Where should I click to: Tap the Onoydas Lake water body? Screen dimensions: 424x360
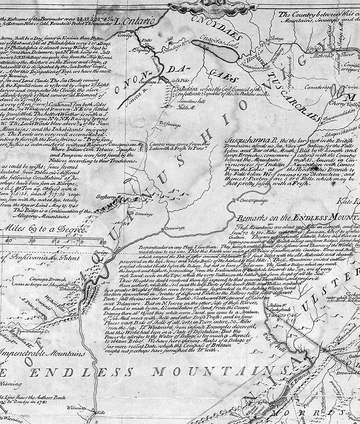tap(220, 52)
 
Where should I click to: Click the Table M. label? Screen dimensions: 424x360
tap(184, 107)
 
